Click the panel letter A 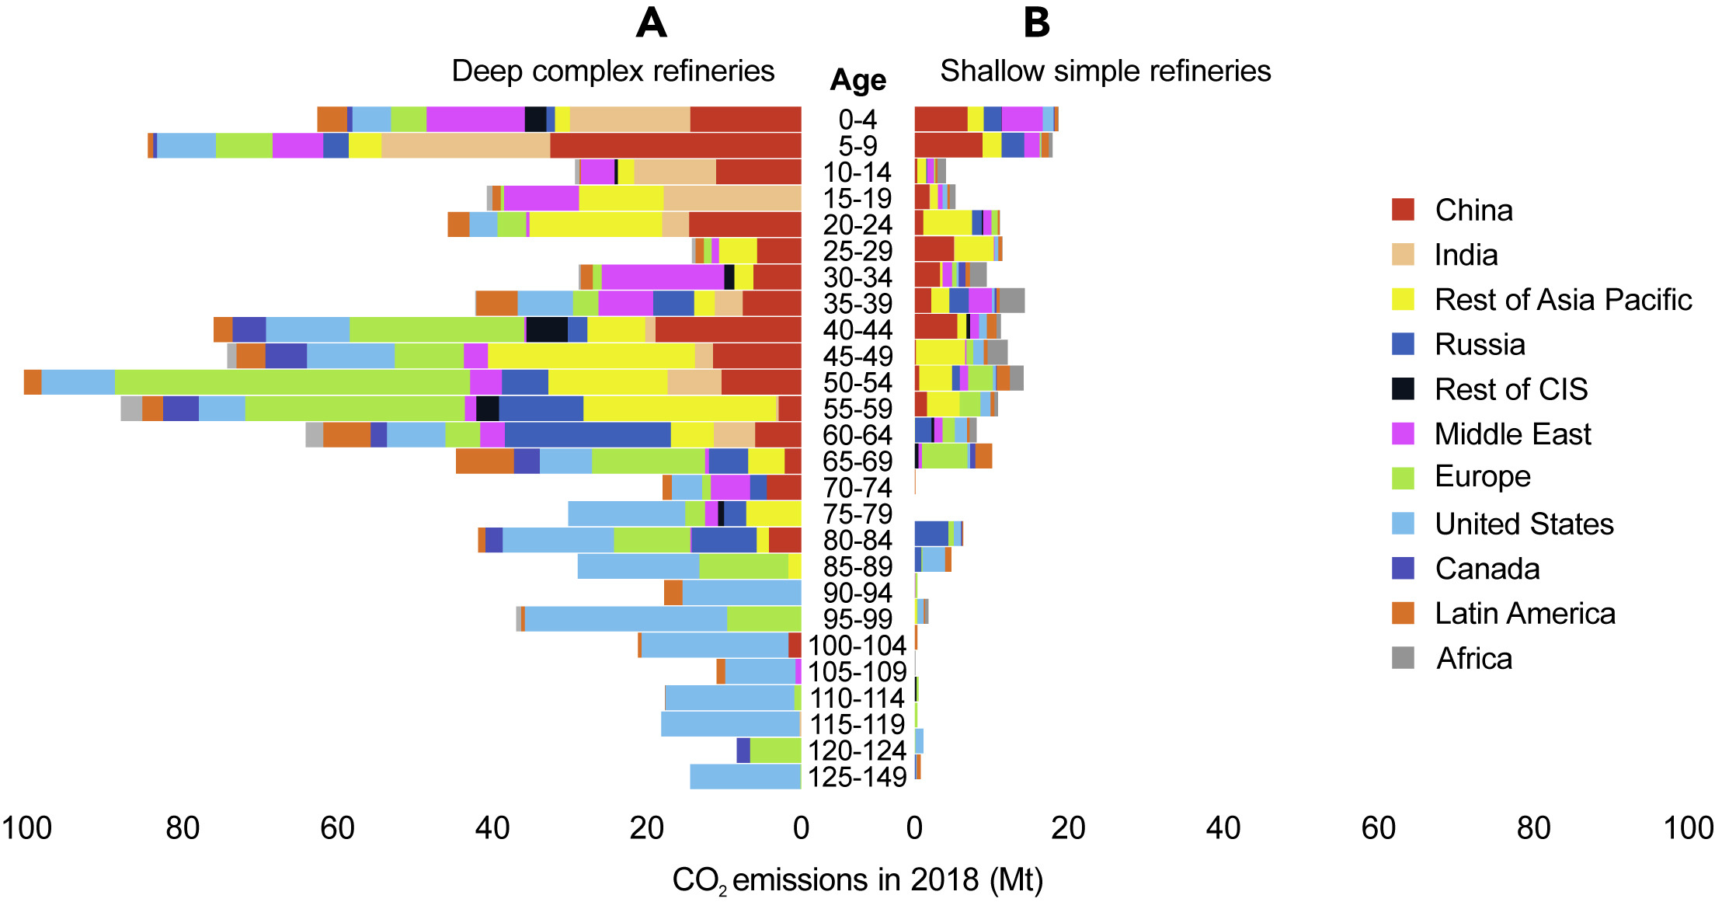[651, 23]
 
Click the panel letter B [1037, 23]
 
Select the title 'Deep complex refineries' [613, 71]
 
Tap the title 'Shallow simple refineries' [1105, 71]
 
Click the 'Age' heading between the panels [857, 80]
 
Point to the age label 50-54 [857, 382]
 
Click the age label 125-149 [857, 776]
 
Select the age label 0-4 [857, 119]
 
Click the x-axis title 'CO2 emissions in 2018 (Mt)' [857, 880]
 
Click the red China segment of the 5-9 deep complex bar [675, 145]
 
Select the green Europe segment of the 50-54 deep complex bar [292, 382]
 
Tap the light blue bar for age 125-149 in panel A [745, 776]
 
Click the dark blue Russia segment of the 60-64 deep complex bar [587, 435]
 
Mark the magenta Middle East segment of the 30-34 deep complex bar [663, 277]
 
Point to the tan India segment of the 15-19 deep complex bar [732, 198]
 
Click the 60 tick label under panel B [1378, 828]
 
